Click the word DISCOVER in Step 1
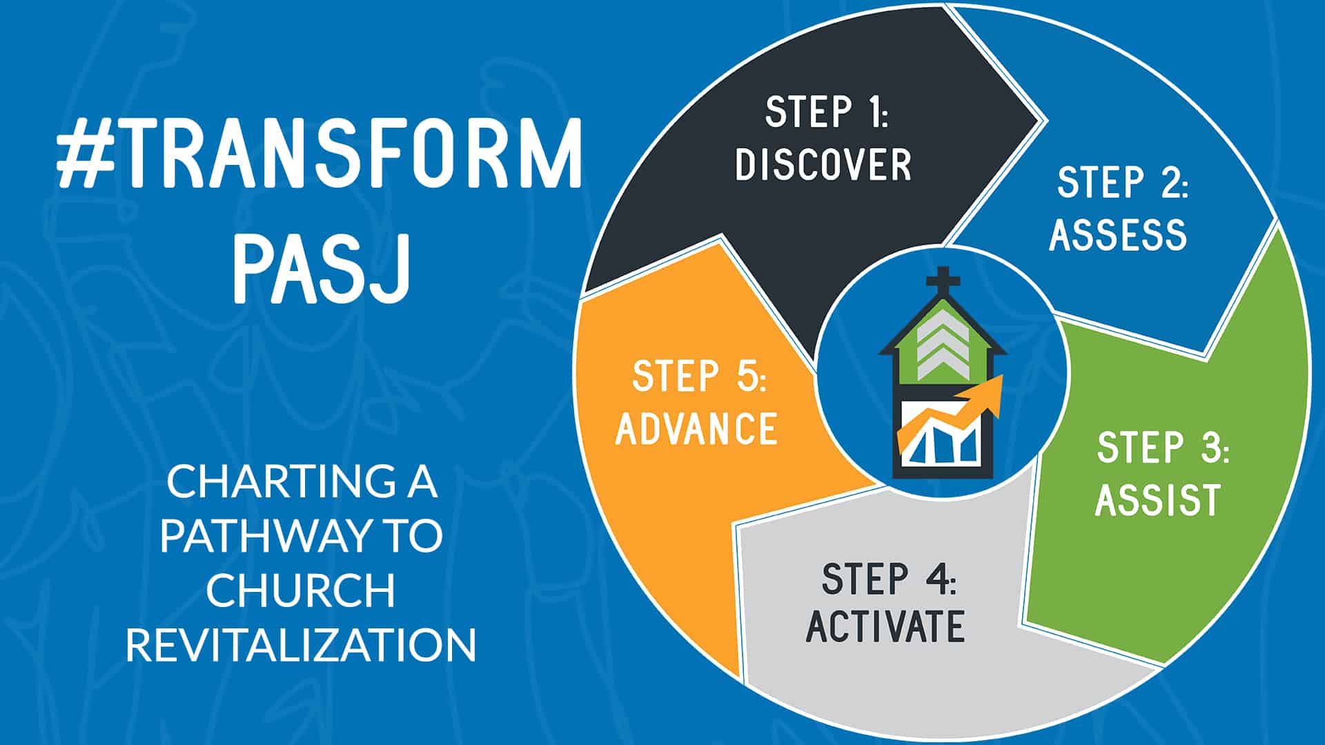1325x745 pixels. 823,165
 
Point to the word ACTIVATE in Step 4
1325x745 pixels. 885,626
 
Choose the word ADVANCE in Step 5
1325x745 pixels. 696,428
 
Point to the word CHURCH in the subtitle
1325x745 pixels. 301,590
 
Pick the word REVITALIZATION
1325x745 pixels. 301,644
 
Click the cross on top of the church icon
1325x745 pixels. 943,281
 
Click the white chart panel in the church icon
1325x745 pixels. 941,435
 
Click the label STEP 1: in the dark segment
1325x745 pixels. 827,112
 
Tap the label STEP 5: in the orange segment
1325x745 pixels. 699,376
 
